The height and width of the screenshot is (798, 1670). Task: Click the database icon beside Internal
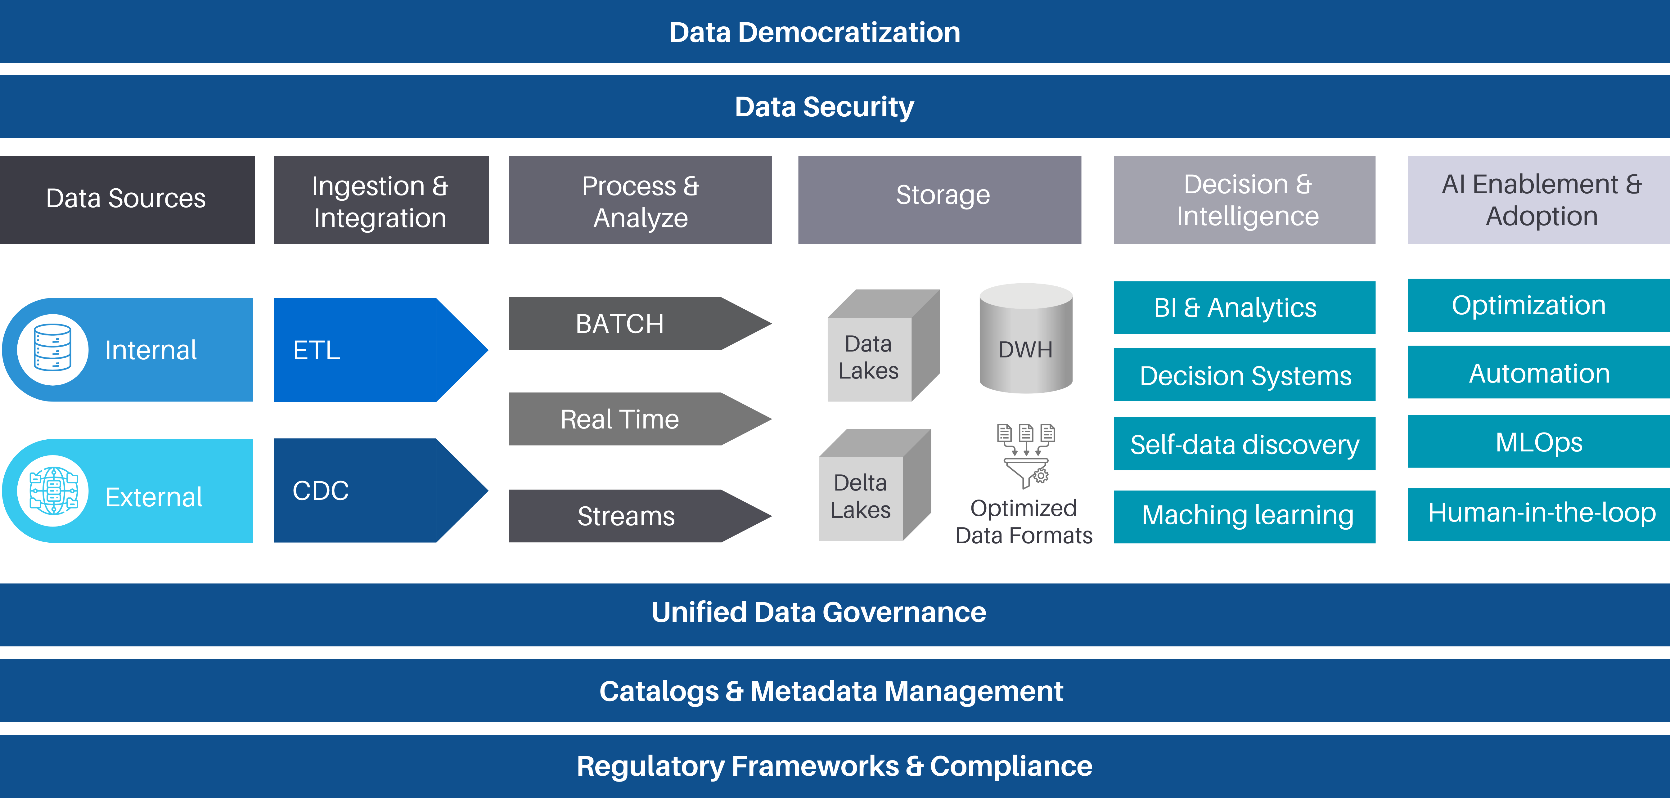click(52, 350)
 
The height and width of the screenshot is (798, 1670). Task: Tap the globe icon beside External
click(52, 491)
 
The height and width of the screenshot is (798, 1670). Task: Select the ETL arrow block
click(370, 350)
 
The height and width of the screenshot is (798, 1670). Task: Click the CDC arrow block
click(370, 491)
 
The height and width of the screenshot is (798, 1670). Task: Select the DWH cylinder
click(1026, 340)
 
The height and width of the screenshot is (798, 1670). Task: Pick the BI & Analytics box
click(1244, 307)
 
